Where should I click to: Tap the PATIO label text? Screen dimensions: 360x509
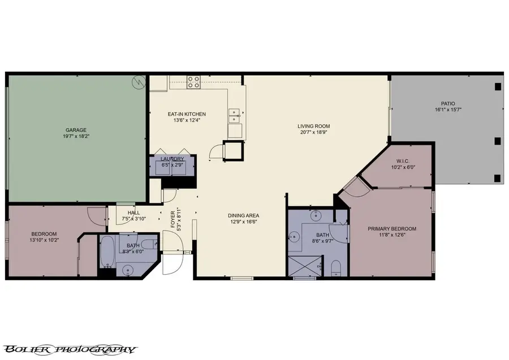pos(448,103)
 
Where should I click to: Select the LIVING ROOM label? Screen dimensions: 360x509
pos(314,126)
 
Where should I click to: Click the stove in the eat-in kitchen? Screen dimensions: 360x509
pos(193,82)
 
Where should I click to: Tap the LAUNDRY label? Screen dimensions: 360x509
pos(172,159)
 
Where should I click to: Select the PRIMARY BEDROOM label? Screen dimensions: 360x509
pos(391,229)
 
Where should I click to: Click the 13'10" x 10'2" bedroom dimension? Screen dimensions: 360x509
pos(44,240)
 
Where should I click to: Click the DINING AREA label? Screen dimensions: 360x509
pos(243,215)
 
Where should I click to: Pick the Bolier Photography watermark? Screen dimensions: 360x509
pos(70,349)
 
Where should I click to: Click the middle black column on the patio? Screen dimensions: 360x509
pos(497,141)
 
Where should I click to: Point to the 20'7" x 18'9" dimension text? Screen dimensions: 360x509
pos(314,132)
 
